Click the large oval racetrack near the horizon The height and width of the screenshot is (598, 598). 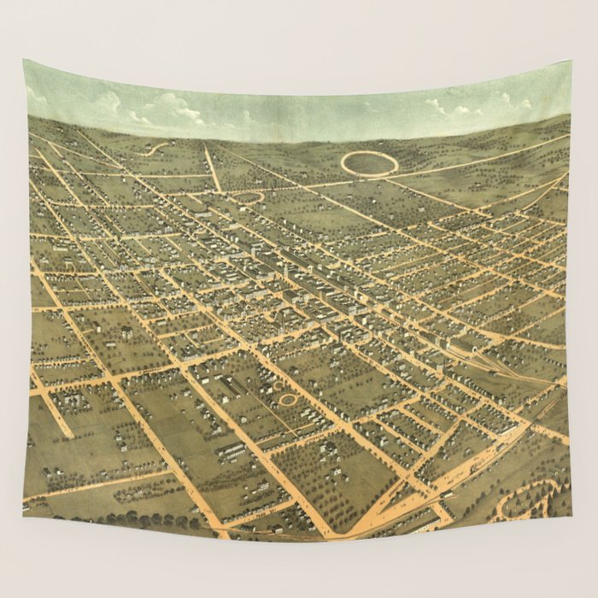pos(369,163)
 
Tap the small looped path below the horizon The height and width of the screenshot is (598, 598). pos(248,197)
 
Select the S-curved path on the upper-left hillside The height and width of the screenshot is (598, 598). pos(155,149)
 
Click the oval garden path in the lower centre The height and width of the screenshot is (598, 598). pos(289,399)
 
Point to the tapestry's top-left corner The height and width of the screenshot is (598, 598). pos(25,60)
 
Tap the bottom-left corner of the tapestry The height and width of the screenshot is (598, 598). pos(24,516)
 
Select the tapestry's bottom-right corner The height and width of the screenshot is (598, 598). pos(570,517)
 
